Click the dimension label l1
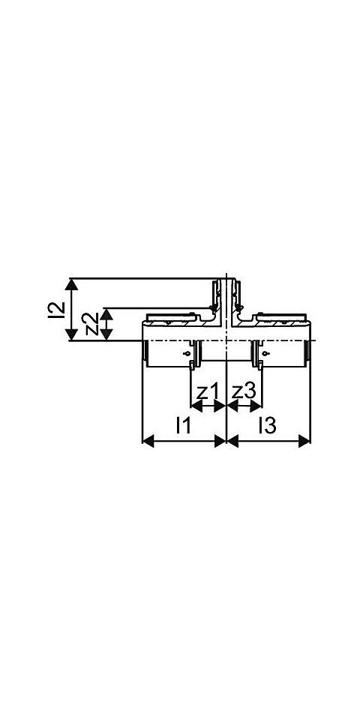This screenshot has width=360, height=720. pyautogui.click(x=183, y=426)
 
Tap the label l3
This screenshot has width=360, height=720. pyautogui.click(x=267, y=426)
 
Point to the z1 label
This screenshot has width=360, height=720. pyautogui.click(x=207, y=392)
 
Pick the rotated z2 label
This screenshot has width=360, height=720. pyautogui.click(x=92, y=324)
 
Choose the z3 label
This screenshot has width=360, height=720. pyautogui.click(x=243, y=392)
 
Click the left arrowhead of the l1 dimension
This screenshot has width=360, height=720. pyautogui.click(x=148, y=441)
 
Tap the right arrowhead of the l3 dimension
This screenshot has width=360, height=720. pyautogui.click(x=304, y=441)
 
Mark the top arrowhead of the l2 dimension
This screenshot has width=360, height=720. pyautogui.click(x=71, y=284)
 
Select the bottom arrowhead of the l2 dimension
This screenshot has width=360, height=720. pyautogui.click(x=71, y=334)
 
